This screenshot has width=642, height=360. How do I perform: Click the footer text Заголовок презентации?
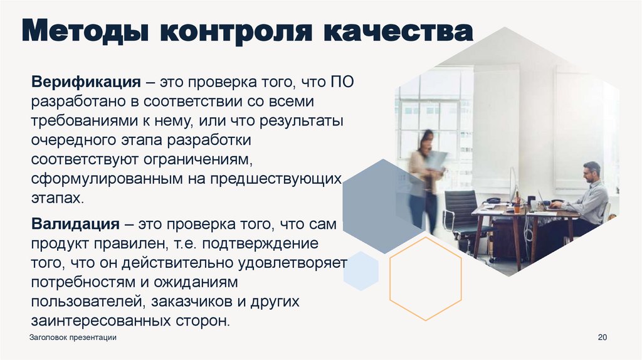tap(73, 338)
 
